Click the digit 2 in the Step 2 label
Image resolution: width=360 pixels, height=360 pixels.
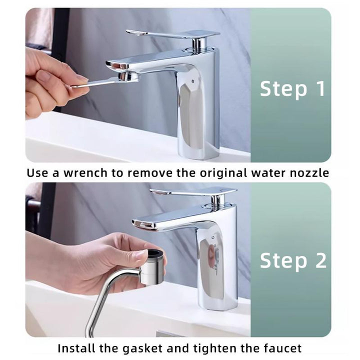coord(320,260)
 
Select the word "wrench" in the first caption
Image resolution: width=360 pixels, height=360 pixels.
coord(85,173)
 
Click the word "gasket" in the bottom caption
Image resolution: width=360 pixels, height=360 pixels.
coord(142,348)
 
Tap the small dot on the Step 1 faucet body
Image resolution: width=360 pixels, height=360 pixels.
coord(192,81)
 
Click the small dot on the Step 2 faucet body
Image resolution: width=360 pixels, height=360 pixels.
coord(213,237)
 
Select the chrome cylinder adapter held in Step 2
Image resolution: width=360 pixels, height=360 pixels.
coord(152,267)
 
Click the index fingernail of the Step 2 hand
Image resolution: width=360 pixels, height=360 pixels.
coord(141,254)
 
